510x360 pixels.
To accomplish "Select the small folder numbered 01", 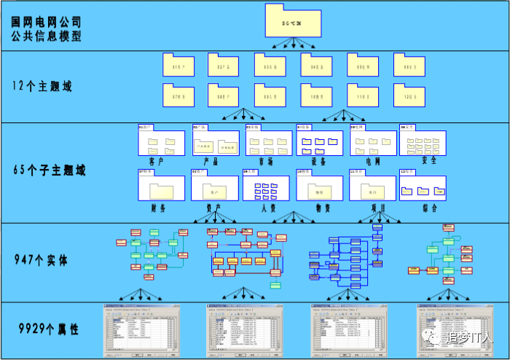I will [177, 66].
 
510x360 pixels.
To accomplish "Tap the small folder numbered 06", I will [409, 66].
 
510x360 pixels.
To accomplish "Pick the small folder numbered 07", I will [177, 95].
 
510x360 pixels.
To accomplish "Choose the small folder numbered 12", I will [409, 95].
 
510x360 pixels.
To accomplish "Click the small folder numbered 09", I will [270, 95].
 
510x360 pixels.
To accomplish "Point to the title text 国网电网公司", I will [47, 21].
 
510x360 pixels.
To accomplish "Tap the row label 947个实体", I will [42, 259].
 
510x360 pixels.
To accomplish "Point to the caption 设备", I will [318, 161].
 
